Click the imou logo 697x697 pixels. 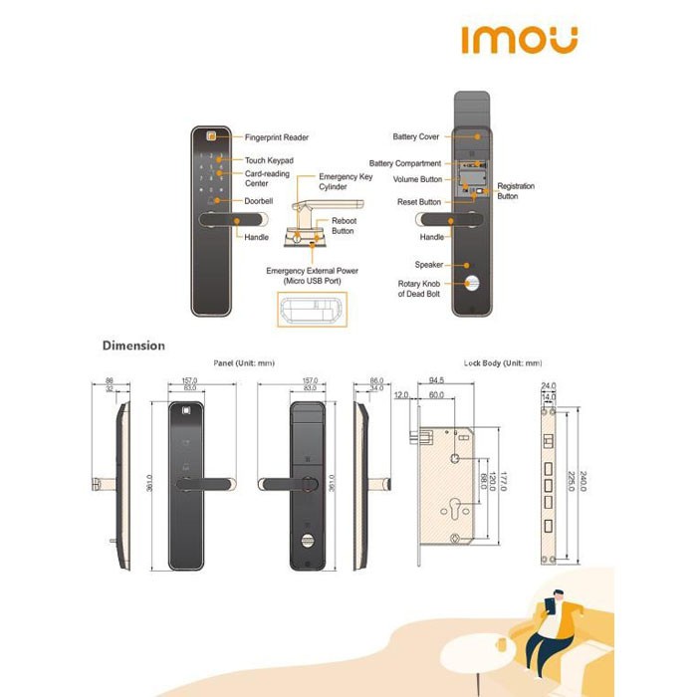click(519, 39)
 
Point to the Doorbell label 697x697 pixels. click(259, 201)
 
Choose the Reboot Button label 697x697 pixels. click(343, 225)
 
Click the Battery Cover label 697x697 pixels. click(416, 136)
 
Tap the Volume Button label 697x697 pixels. click(417, 180)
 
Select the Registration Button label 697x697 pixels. click(515, 191)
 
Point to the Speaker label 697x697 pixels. click(428, 265)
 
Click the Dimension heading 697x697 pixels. click(133, 346)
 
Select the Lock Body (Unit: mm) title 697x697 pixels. click(503, 363)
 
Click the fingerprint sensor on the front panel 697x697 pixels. click(210, 137)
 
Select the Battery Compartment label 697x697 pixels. click(404, 163)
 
